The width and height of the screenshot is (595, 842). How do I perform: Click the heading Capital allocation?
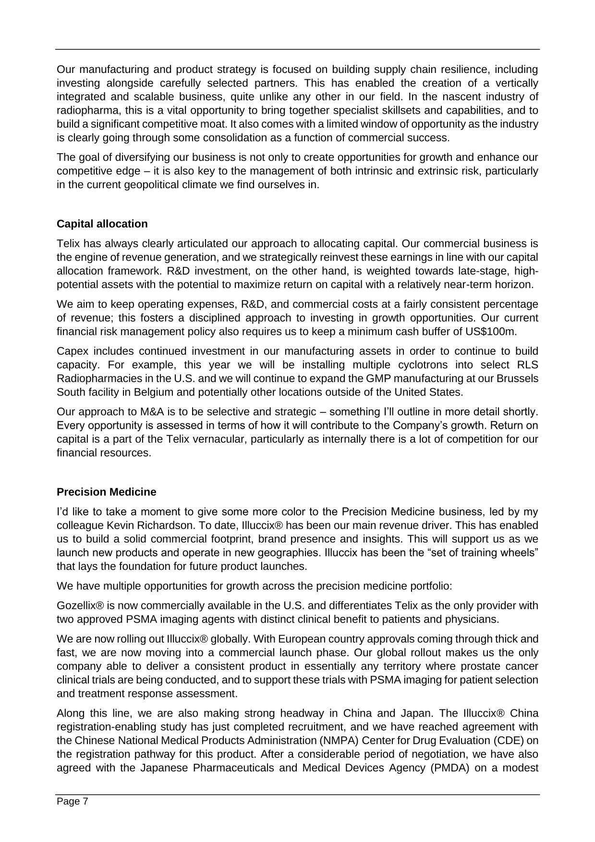(x=102, y=224)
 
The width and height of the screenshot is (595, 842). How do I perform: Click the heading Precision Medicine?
(x=106, y=492)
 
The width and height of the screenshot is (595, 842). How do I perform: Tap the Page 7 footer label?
(x=72, y=801)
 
